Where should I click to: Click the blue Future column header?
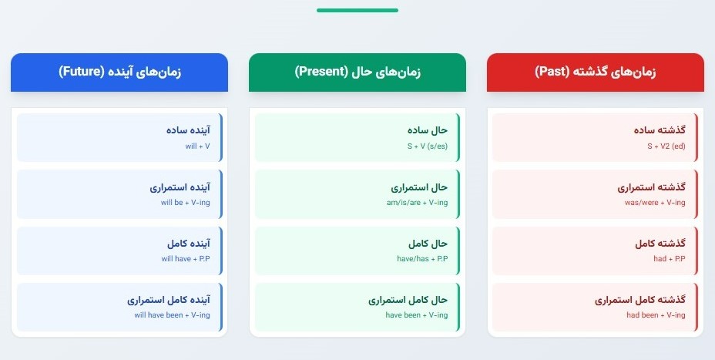click(119, 72)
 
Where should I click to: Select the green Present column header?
click(357, 72)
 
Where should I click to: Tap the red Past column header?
click(596, 72)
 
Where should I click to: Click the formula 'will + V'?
click(196, 146)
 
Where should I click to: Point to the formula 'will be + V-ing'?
click(185, 203)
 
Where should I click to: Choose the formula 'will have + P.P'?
click(186, 259)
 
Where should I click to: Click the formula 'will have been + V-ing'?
click(172, 315)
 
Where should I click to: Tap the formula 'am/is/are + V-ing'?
click(416, 203)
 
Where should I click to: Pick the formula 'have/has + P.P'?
click(422, 259)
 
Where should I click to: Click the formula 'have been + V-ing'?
click(416, 315)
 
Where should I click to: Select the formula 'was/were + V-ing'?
click(655, 203)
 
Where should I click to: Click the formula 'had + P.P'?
click(670, 259)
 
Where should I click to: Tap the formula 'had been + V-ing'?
click(656, 315)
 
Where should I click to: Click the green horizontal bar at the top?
click(357, 10)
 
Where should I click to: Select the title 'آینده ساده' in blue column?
click(188, 130)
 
